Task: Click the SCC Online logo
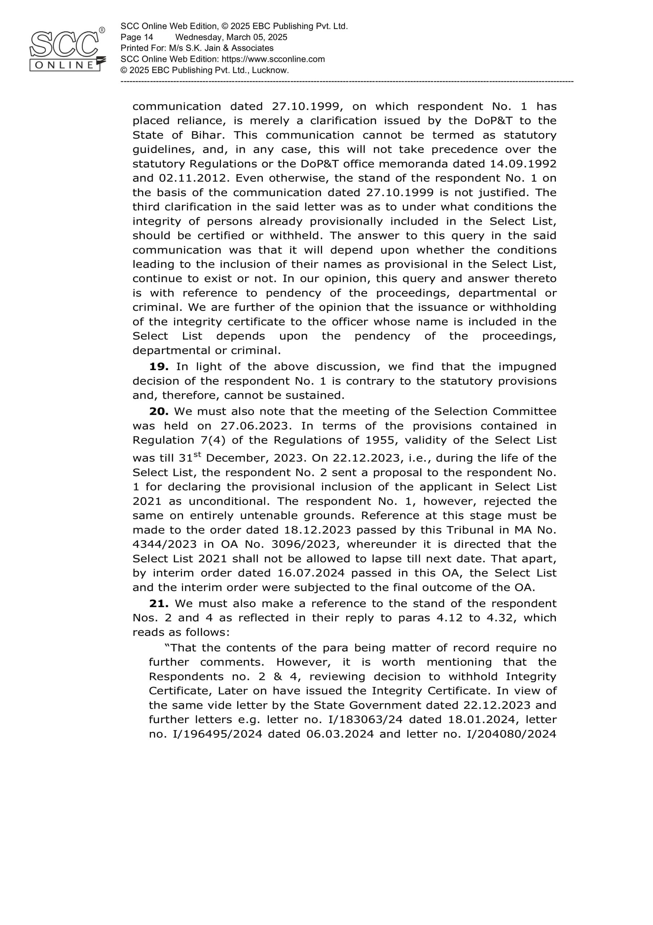pyautogui.click(x=66, y=50)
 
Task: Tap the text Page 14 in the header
pyautogui.click(x=137, y=38)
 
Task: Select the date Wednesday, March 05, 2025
pyautogui.click(x=231, y=38)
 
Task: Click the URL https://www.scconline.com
pyautogui.click(x=273, y=59)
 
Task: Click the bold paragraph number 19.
pyautogui.click(x=158, y=367)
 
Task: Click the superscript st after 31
pyautogui.click(x=197, y=454)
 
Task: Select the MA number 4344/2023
pyautogui.click(x=164, y=544)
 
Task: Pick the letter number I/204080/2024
pyautogui.click(x=511, y=734)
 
